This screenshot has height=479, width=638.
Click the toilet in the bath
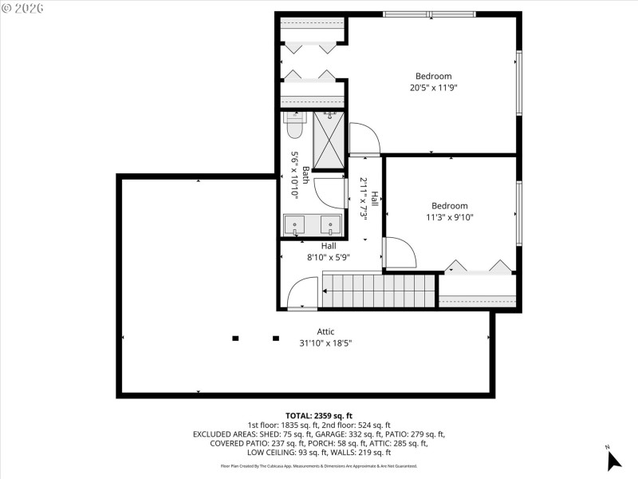pyautogui.click(x=295, y=125)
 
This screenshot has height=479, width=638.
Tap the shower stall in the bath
pyautogui.click(x=329, y=141)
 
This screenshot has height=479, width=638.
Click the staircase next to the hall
pyautogui.click(x=379, y=291)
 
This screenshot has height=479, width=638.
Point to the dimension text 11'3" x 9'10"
pyautogui.click(x=450, y=217)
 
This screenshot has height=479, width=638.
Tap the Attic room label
pyautogui.click(x=325, y=331)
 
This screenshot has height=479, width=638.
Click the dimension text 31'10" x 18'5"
pyautogui.click(x=325, y=342)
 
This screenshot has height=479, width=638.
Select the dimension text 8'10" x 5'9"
pyautogui.click(x=329, y=257)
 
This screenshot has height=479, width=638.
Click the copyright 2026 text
pyautogui.click(x=24, y=8)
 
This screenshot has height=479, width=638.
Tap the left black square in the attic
pyautogui.click(x=235, y=338)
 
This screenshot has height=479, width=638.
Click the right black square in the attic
pyautogui.click(x=276, y=338)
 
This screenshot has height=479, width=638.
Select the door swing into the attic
pyautogui.click(x=302, y=293)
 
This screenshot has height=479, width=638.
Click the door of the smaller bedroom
pyautogui.click(x=400, y=253)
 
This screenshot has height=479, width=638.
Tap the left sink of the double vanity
pyautogui.click(x=295, y=226)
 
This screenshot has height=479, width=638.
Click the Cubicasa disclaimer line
pyautogui.click(x=319, y=466)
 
